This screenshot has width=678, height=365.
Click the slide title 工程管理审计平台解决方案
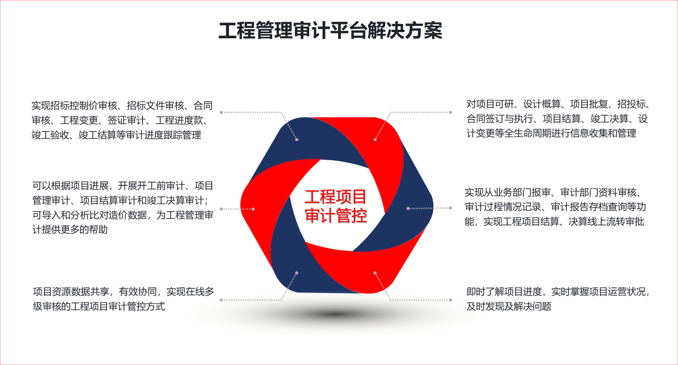pyautogui.click(x=330, y=31)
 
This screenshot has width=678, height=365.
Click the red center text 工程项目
pyautogui.click(x=335, y=197)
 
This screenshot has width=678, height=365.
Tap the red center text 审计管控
pyautogui.click(x=336, y=215)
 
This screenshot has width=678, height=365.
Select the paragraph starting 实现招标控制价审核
pyautogui.click(x=122, y=120)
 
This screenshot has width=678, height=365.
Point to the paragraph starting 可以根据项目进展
pyautogui.click(x=123, y=208)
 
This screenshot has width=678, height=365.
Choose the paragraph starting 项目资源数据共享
pyautogui.click(x=123, y=299)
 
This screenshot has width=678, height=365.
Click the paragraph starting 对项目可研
pyautogui.click(x=558, y=119)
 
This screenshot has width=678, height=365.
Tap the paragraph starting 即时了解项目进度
pyautogui.click(x=558, y=299)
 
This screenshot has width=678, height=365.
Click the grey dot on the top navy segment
pyautogui.click(x=297, y=140)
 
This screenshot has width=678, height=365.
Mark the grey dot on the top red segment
pyautogui.click(x=375, y=140)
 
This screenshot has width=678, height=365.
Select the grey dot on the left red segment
pyautogui.click(x=253, y=209)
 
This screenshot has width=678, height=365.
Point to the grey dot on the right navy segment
pyautogui.click(x=408, y=209)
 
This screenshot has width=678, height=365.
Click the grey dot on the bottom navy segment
pyautogui.click(x=297, y=273)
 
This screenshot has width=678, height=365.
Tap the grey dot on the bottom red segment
pyautogui.click(x=375, y=273)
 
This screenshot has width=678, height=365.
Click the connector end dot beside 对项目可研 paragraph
pyautogui.click(x=451, y=112)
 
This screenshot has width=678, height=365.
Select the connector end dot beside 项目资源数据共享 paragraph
pyautogui.click(x=221, y=300)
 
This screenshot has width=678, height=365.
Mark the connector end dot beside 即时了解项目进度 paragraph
pyautogui.click(x=451, y=300)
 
